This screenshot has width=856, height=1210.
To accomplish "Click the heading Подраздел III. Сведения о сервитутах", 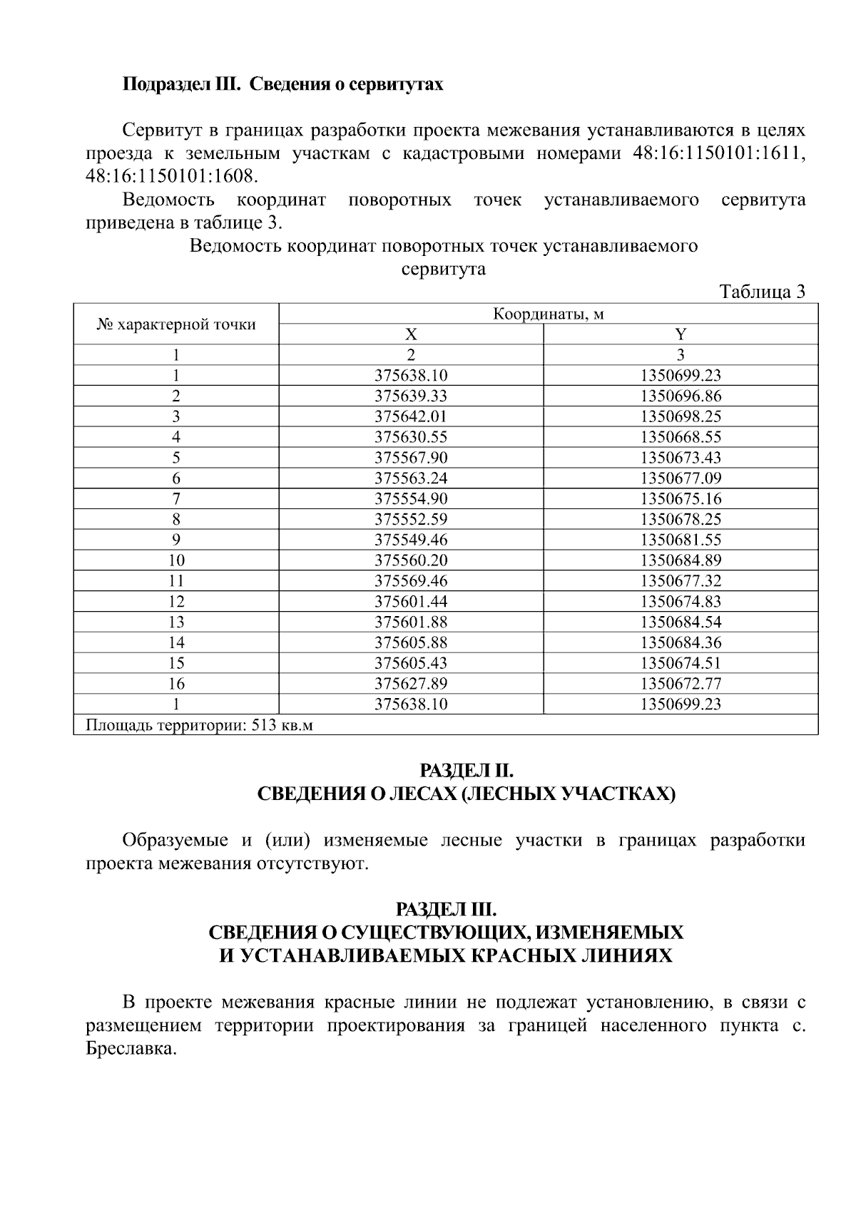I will tap(283, 84).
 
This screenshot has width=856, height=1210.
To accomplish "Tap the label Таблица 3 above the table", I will tap(762, 292).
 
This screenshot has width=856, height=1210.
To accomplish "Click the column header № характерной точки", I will tap(176, 324).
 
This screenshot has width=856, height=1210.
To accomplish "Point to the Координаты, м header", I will tap(548, 314).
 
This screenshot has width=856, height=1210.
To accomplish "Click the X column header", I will tap(411, 334).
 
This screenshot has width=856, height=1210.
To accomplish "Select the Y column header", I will tap(681, 334).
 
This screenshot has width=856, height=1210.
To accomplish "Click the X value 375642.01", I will tap(411, 416).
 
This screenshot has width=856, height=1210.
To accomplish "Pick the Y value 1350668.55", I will tap(681, 437).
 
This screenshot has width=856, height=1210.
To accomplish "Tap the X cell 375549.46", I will tap(411, 540).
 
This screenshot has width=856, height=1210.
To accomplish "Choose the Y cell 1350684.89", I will tap(681, 560).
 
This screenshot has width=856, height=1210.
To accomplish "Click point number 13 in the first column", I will tap(176, 622).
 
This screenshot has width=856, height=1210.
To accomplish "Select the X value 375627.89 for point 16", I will tap(411, 684).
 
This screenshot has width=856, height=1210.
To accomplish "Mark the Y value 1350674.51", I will tap(681, 663).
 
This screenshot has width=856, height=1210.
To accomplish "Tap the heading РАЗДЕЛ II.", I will tap(466, 771).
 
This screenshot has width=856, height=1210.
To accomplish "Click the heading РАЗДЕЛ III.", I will tap(446, 910).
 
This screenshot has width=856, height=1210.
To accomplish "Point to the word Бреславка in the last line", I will tap(128, 1050).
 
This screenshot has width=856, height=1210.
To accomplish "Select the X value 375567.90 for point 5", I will tap(411, 458).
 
